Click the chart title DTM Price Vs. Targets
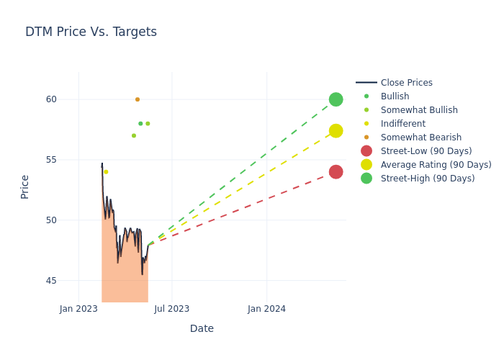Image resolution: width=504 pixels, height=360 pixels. (91, 32)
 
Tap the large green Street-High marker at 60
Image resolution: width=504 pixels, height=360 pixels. (336, 99)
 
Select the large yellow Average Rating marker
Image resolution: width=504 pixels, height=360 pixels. (336, 130)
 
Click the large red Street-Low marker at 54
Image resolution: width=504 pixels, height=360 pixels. (336, 171)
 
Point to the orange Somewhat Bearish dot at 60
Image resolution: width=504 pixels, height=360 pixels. (138, 99)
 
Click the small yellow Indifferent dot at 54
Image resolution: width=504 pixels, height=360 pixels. (106, 171)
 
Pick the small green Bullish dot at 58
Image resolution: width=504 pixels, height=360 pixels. (140, 124)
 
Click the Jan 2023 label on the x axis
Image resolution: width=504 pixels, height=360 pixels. (78, 309)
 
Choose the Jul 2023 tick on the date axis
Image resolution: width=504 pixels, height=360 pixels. (172, 309)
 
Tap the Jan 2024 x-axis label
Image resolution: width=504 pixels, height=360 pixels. (266, 309)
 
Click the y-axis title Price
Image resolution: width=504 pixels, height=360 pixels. (25, 186)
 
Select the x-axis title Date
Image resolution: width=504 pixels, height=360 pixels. (202, 329)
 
